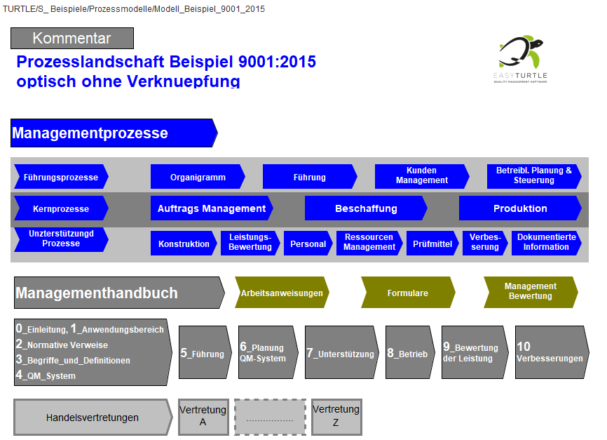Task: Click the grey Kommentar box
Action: [x=72, y=39]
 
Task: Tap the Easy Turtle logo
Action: [x=520, y=59]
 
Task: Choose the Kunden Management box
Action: [x=421, y=176]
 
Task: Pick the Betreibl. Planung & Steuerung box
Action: [x=533, y=176]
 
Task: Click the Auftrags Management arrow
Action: [x=211, y=208]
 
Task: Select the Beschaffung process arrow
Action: [x=365, y=208]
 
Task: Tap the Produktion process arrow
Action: [x=519, y=208]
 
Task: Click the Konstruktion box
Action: [x=183, y=244]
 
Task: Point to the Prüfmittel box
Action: [x=432, y=244]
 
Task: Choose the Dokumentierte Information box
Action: [x=546, y=243]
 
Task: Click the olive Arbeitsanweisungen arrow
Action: [x=282, y=293]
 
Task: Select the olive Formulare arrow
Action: [x=407, y=293]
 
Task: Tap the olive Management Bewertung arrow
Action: [x=530, y=291]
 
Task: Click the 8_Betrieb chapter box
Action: [x=408, y=353]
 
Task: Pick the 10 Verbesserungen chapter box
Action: [x=549, y=353]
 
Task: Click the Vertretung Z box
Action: [x=336, y=416]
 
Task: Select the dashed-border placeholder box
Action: [x=270, y=417]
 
